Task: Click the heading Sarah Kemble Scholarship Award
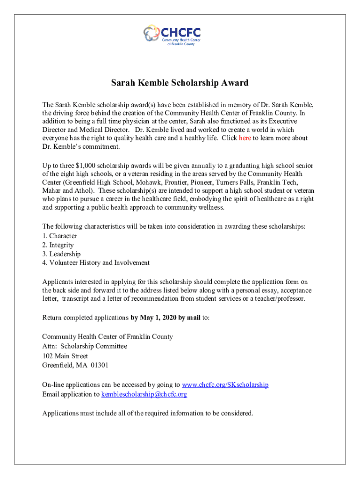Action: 180,83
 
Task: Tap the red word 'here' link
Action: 245,138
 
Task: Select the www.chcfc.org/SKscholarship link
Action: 225,385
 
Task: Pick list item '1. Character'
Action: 59,236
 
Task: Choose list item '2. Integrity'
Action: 58,245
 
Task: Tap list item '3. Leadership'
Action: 61,254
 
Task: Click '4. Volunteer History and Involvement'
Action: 96,263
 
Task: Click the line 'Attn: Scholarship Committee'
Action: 84,347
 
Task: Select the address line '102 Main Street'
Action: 65,356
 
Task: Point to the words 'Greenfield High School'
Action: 113,183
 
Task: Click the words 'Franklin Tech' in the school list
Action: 291,183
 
